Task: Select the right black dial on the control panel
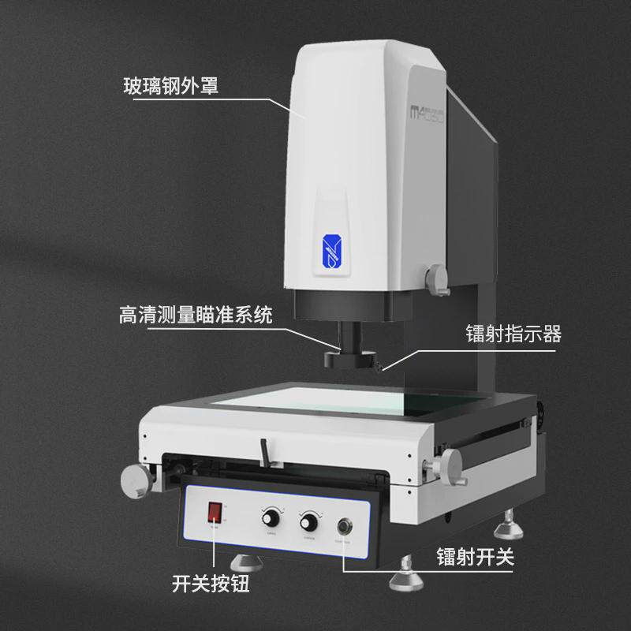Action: point(307,521)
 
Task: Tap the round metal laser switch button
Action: point(345,527)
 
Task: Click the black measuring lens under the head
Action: point(351,357)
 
